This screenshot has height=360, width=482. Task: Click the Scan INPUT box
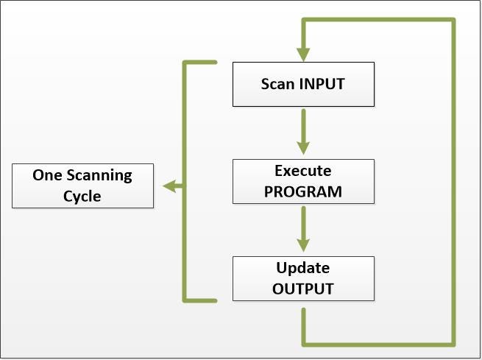coord(303,83)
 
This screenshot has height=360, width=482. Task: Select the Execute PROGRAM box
coord(303,182)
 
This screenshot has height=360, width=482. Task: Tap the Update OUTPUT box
coord(303,278)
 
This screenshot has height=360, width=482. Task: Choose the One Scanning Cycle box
coord(82,186)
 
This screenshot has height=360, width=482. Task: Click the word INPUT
coord(322,83)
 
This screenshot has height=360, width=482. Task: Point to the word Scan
coord(278,83)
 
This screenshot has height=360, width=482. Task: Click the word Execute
coord(303,172)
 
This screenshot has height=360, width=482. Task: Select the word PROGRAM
coord(303,192)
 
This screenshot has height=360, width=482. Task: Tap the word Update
coord(303,267)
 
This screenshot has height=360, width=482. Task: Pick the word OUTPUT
coord(303,288)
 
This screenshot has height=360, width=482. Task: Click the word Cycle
coord(82,197)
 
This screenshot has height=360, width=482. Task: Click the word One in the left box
coord(46,175)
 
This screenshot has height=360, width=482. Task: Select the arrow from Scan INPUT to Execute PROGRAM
coord(303,133)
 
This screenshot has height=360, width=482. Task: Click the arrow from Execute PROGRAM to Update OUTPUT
coord(303,229)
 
